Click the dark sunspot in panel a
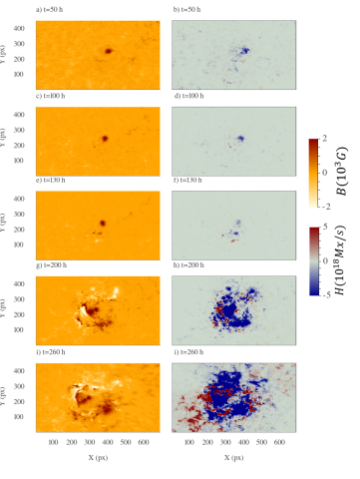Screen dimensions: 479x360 pyautogui.click(x=107, y=51)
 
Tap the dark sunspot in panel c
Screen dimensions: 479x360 pyautogui.click(x=104, y=138)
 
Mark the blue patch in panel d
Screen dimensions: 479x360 pyautogui.click(x=240, y=139)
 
